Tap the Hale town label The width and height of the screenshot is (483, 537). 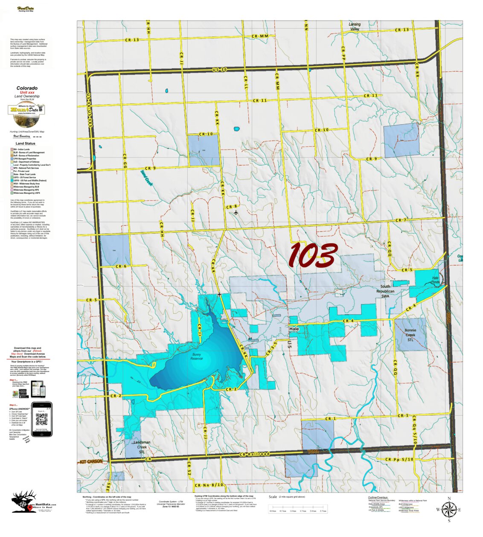pyautogui.click(x=294, y=329)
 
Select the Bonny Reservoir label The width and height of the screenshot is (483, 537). pyautogui.click(x=197, y=356)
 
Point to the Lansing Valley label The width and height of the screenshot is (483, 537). pyautogui.click(x=355, y=26)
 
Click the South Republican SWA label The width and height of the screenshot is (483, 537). pyautogui.click(x=385, y=291)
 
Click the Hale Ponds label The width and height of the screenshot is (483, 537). pyautogui.click(x=435, y=280)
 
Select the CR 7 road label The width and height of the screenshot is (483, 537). pyautogui.click(x=401, y=220)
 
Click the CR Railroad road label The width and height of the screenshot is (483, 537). pyautogui.click(x=255, y=455)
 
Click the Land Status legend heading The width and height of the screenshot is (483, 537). pyautogui.click(x=26, y=144)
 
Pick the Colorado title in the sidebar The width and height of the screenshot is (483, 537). pyautogui.click(x=27, y=88)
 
